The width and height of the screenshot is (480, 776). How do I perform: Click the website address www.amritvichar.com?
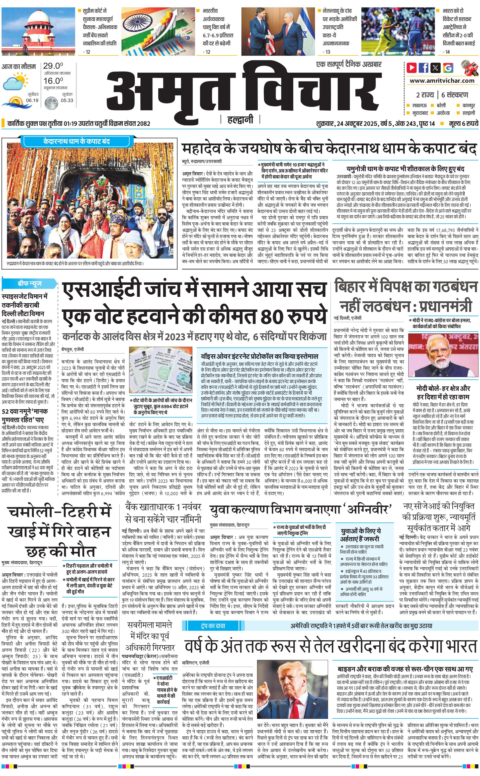(x=442, y=81)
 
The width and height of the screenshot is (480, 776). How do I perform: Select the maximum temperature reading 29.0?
(x=53, y=66)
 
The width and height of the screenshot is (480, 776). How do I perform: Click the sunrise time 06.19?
(x=32, y=100)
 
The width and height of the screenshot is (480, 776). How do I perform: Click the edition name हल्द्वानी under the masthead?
(x=240, y=120)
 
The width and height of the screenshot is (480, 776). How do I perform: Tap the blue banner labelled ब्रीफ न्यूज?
(x=30, y=283)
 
